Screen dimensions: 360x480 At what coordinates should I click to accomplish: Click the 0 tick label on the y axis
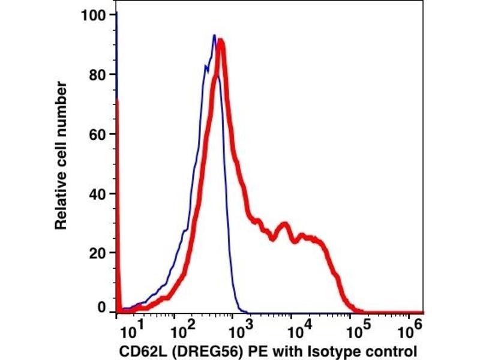pyautogui.click(x=103, y=308)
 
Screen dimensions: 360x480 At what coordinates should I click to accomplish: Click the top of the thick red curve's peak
pyautogui.click(x=221, y=41)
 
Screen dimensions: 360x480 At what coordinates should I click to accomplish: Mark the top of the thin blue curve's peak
pyautogui.click(x=214, y=35)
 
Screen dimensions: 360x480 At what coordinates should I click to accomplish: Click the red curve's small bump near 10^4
pyautogui.click(x=284, y=226)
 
